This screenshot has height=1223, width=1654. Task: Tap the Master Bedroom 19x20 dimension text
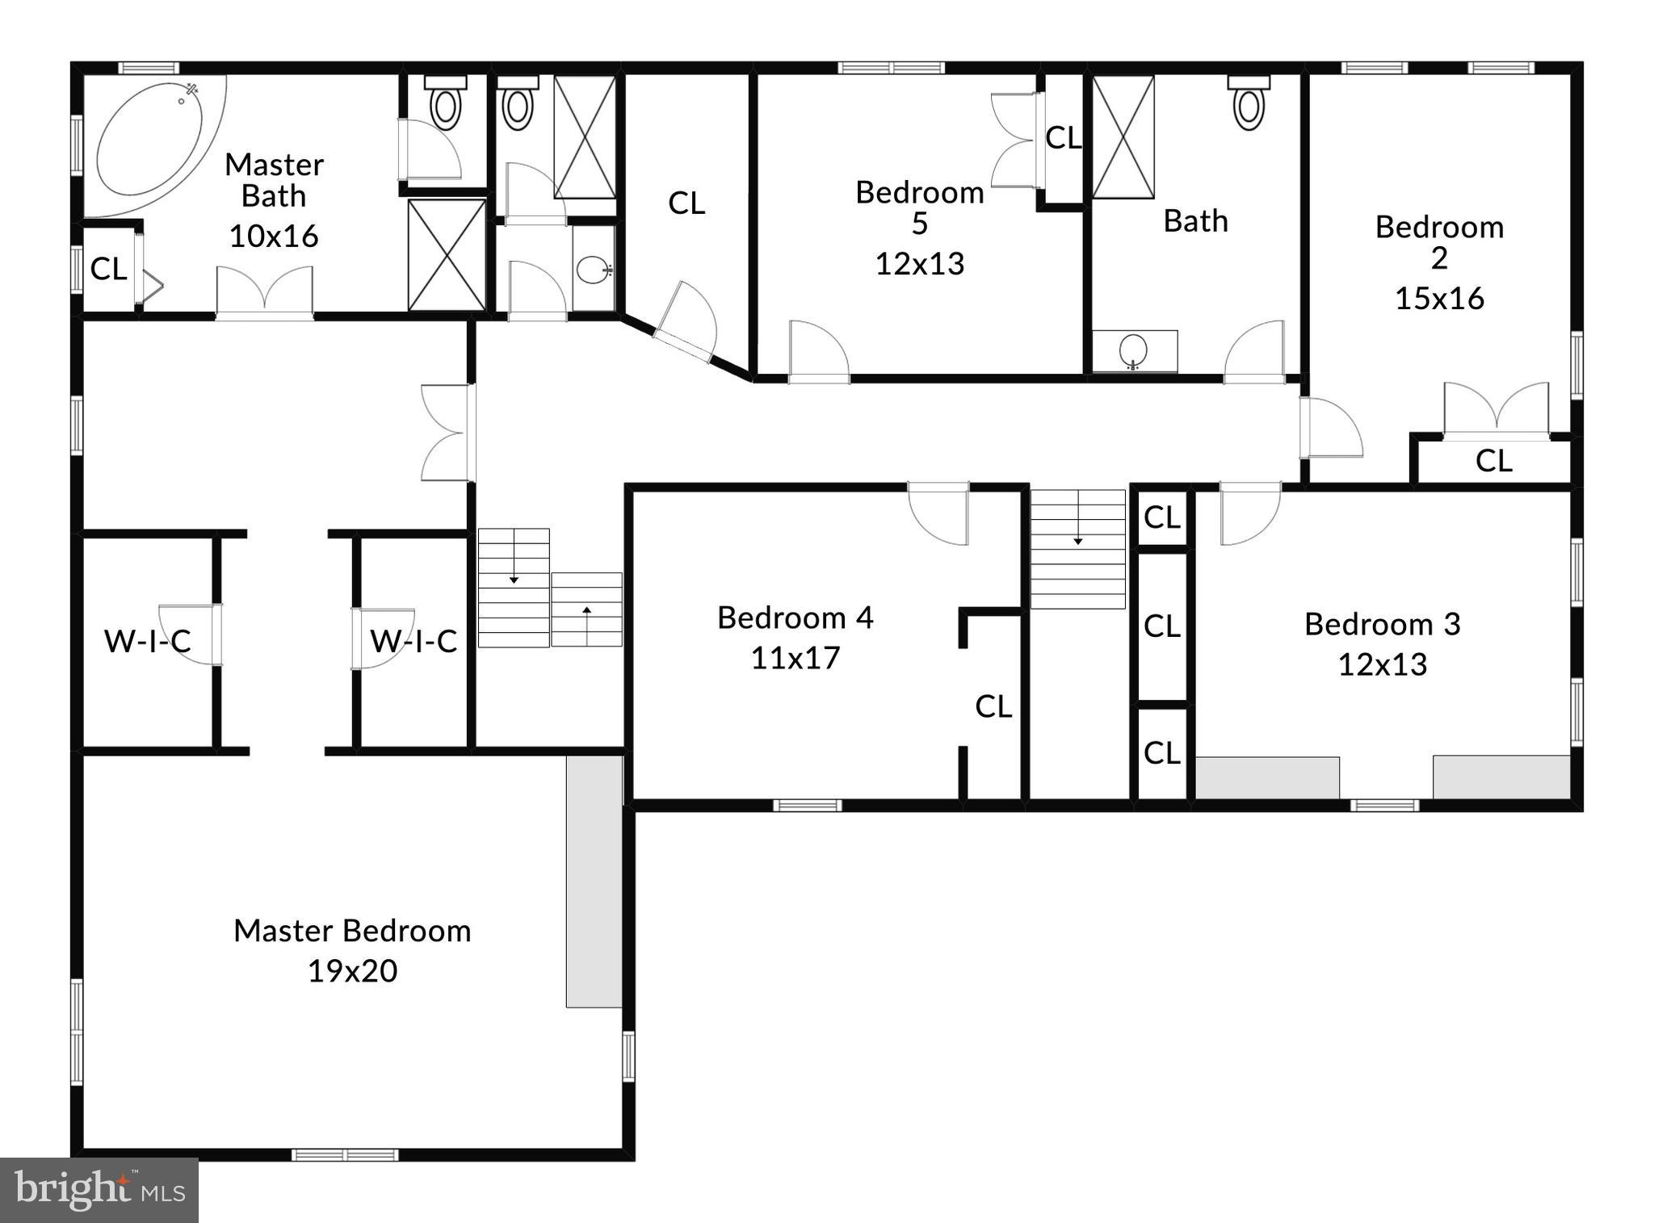pos(352,971)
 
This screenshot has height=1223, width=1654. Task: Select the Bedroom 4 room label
pos(795,618)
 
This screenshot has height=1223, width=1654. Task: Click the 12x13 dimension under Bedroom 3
pos(1382,664)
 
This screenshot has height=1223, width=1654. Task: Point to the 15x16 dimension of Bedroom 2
pos(1439,299)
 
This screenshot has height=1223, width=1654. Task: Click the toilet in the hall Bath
pos(1249,105)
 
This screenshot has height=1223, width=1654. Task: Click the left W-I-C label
pos(147,642)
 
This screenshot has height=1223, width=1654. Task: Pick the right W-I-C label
pos(413,642)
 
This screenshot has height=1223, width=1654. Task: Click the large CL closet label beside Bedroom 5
pos(686,203)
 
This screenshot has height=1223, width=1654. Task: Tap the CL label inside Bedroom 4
pos(993,706)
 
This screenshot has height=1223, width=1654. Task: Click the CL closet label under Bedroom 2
pos(1492,461)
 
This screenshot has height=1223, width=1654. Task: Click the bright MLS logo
pos(99,1190)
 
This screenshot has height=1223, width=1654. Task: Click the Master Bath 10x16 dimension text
pos(273,237)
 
